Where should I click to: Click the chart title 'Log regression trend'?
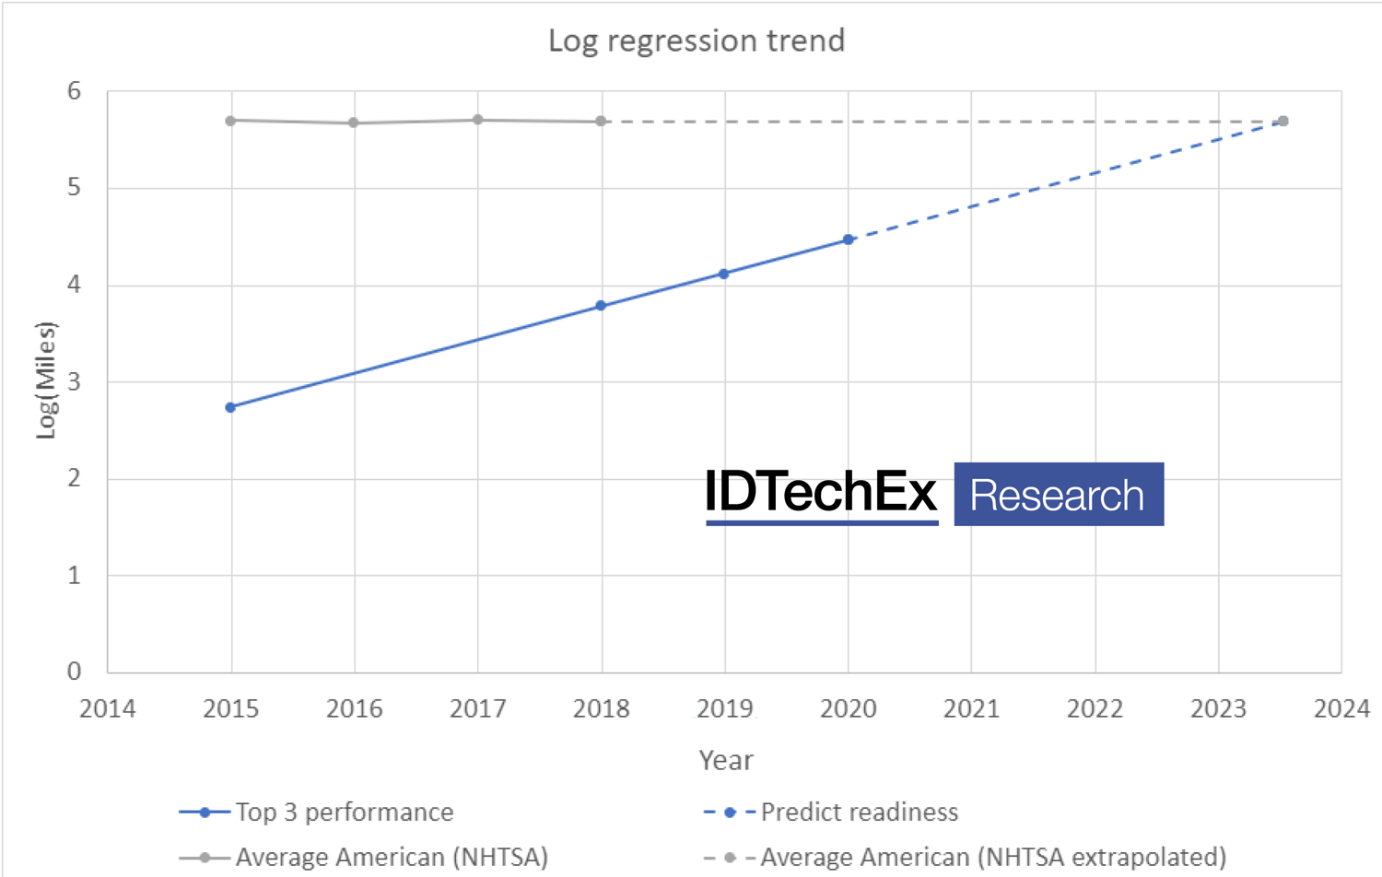pos(697,41)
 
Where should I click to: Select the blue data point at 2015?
pos(230,407)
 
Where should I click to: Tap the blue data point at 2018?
pos(601,306)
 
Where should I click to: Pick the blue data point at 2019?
pos(724,274)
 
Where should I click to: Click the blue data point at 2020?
pos(849,240)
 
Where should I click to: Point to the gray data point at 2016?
pos(354,123)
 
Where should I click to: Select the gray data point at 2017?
pos(477,120)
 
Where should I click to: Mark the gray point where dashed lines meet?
pos(1282,121)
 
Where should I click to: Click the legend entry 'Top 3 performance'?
pos(344,812)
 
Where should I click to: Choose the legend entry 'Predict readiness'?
pos(859,812)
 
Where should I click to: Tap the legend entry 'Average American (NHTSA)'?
pos(392,857)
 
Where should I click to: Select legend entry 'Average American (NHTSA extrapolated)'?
pos(992,857)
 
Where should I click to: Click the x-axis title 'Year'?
pos(725,760)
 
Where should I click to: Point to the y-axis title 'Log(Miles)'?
pos(46,380)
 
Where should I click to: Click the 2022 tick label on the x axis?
pos(1095,708)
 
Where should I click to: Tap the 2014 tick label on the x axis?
pos(107,708)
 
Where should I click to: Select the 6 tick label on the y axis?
pos(74,90)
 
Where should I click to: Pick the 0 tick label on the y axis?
pos(74,671)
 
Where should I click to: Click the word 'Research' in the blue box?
pos(1058,495)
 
